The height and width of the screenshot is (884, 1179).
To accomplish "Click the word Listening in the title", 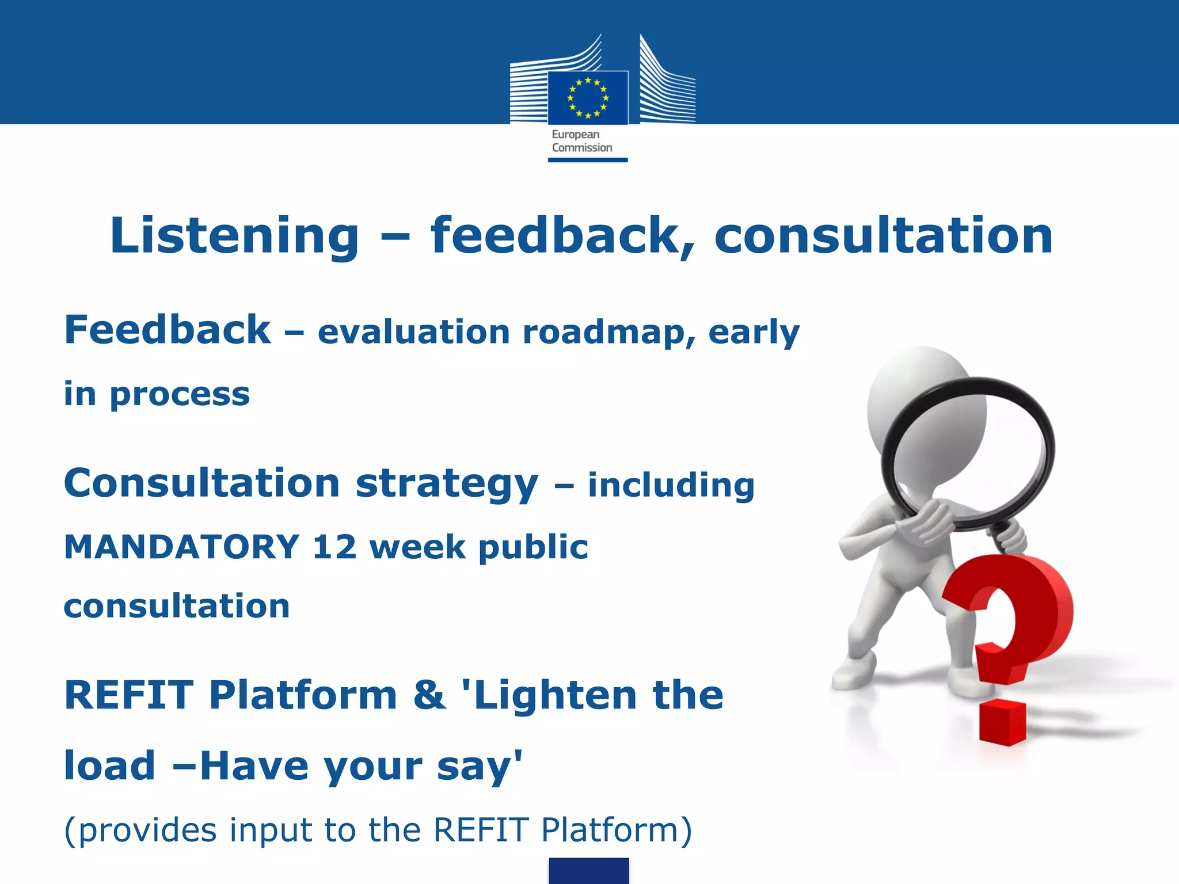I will click(x=234, y=236).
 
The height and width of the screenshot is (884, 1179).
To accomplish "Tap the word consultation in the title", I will click(x=884, y=236).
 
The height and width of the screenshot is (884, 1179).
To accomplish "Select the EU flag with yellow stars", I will click(x=588, y=97).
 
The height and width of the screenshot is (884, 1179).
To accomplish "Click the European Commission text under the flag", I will click(x=581, y=141).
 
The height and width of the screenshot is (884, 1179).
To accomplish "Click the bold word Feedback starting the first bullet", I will click(x=167, y=330).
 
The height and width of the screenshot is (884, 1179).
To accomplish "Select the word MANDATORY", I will click(x=181, y=547).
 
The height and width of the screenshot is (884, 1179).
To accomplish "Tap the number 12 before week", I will click(x=334, y=547).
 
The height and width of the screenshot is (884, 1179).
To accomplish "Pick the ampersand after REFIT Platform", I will click(x=429, y=695).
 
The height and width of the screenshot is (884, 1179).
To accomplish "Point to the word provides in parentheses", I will click(x=147, y=830).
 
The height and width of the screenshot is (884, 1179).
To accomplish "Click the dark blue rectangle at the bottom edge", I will click(x=588, y=871).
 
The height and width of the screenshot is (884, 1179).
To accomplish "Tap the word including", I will click(x=671, y=485).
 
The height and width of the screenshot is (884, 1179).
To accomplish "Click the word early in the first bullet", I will click(x=754, y=333).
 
